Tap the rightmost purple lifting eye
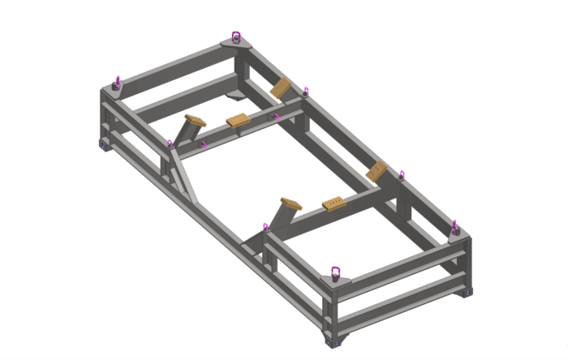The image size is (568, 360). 454,225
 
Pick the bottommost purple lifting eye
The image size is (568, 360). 335,271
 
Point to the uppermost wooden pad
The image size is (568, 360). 281,88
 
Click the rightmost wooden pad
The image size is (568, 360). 377,172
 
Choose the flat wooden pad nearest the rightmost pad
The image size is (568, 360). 333,202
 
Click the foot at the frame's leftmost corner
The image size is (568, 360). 105,144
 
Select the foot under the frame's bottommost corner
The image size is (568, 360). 333,341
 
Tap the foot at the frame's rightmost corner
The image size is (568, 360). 467,290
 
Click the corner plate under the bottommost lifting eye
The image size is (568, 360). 335,281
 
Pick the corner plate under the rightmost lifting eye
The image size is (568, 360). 456,234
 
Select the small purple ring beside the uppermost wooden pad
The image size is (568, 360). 306,92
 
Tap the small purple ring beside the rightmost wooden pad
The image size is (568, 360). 401,174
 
